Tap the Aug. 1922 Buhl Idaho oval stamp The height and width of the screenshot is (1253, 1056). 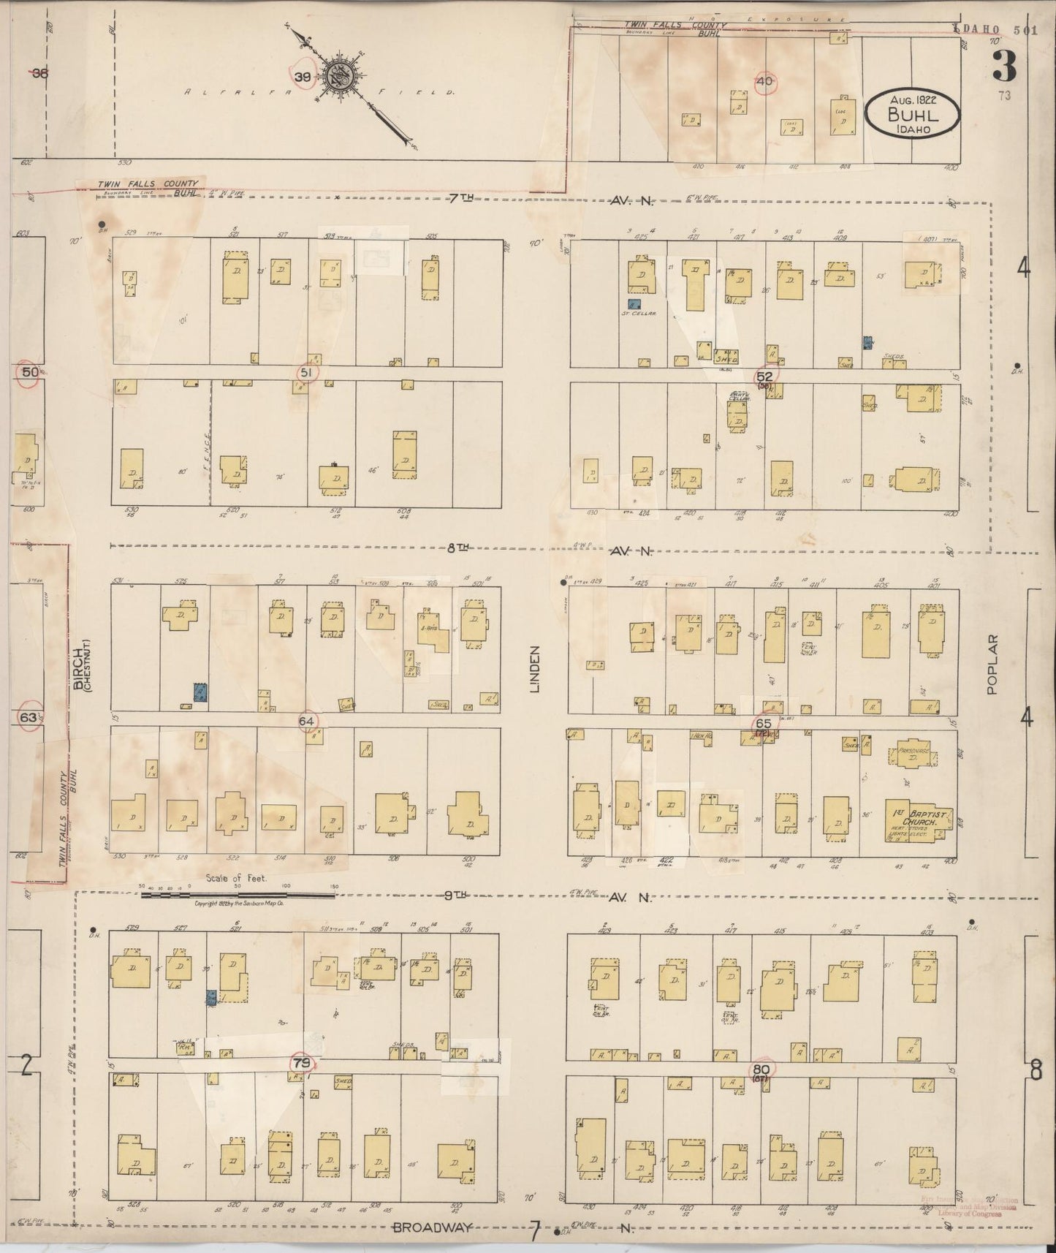(x=912, y=113)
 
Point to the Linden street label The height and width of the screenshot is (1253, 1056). (x=534, y=668)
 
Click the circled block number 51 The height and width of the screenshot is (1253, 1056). (x=306, y=373)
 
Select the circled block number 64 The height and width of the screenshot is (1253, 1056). (x=308, y=722)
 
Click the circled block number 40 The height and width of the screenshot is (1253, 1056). (x=764, y=82)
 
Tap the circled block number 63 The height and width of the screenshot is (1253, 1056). (x=28, y=717)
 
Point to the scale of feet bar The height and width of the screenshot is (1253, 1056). (x=238, y=894)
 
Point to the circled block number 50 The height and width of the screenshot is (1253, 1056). (x=29, y=372)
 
